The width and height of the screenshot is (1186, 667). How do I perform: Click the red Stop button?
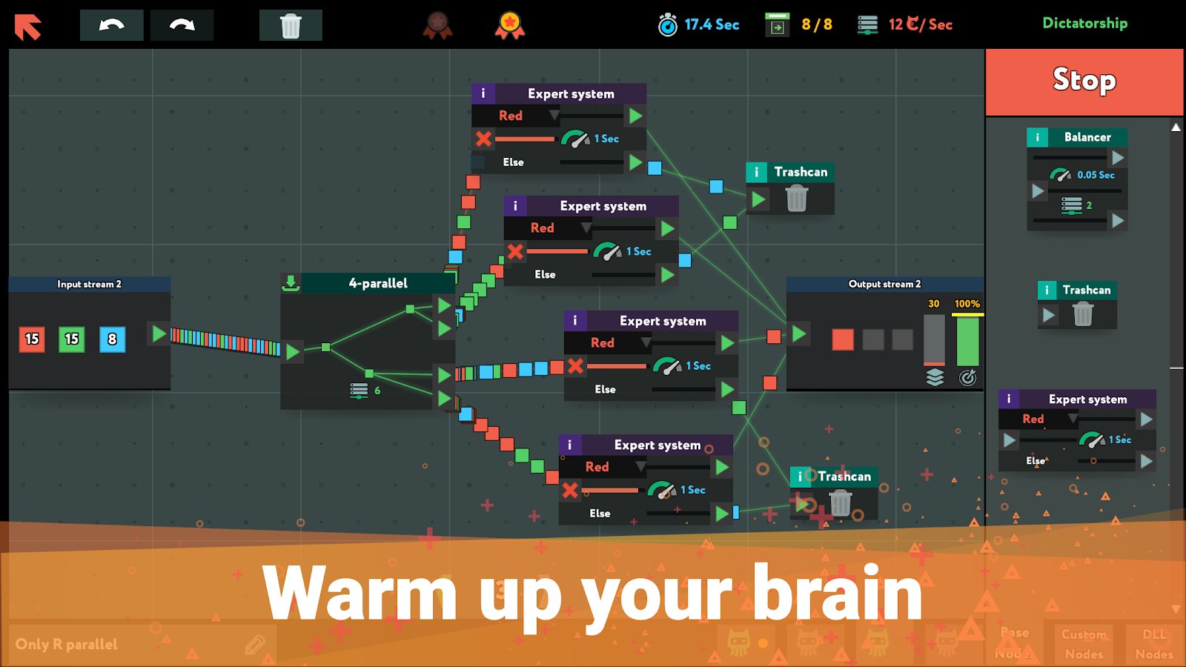pyautogui.click(x=1084, y=82)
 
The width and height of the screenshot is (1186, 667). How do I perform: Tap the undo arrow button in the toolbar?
pyautogui.click(x=112, y=25)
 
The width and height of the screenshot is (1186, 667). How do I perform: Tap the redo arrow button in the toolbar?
pyautogui.click(x=182, y=25)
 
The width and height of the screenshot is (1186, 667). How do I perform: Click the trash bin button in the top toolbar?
pyautogui.click(x=291, y=25)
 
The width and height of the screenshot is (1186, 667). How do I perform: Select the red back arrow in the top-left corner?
pyautogui.click(x=28, y=27)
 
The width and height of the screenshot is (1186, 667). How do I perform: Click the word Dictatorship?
pyautogui.click(x=1084, y=23)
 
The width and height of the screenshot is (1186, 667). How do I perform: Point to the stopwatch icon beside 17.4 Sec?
pyautogui.click(x=668, y=25)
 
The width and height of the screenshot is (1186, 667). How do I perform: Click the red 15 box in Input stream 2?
pyautogui.click(x=32, y=339)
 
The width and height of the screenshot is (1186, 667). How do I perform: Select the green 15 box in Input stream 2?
pyautogui.click(x=72, y=339)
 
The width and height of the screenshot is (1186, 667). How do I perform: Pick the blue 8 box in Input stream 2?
pyautogui.click(x=112, y=339)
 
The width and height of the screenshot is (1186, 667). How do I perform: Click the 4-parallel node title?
pyautogui.click(x=378, y=283)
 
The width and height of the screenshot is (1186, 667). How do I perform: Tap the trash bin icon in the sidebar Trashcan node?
pyautogui.click(x=1083, y=315)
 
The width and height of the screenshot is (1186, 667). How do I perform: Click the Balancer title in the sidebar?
pyautogui.click(x=1087, y=137)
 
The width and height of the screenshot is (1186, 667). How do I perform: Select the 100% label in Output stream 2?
pyautogui.click(x=967, y=304)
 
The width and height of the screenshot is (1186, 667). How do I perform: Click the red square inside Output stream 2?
pyautogui.click(x=843, y=339)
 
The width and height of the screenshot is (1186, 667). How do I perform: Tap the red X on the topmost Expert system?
pyautogui.click(x=483, y=139)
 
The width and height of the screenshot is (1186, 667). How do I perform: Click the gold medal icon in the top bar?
pyautogui.click(x=509, y=25)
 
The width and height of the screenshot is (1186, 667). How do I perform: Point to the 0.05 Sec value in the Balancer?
pyautogui.click(x=1096, y=175)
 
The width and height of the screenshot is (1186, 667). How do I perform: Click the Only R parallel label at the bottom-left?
pyautogui.click(x=67, y=644)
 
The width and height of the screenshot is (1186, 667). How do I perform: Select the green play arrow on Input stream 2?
pyautogui.click(x=159, y=333)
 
